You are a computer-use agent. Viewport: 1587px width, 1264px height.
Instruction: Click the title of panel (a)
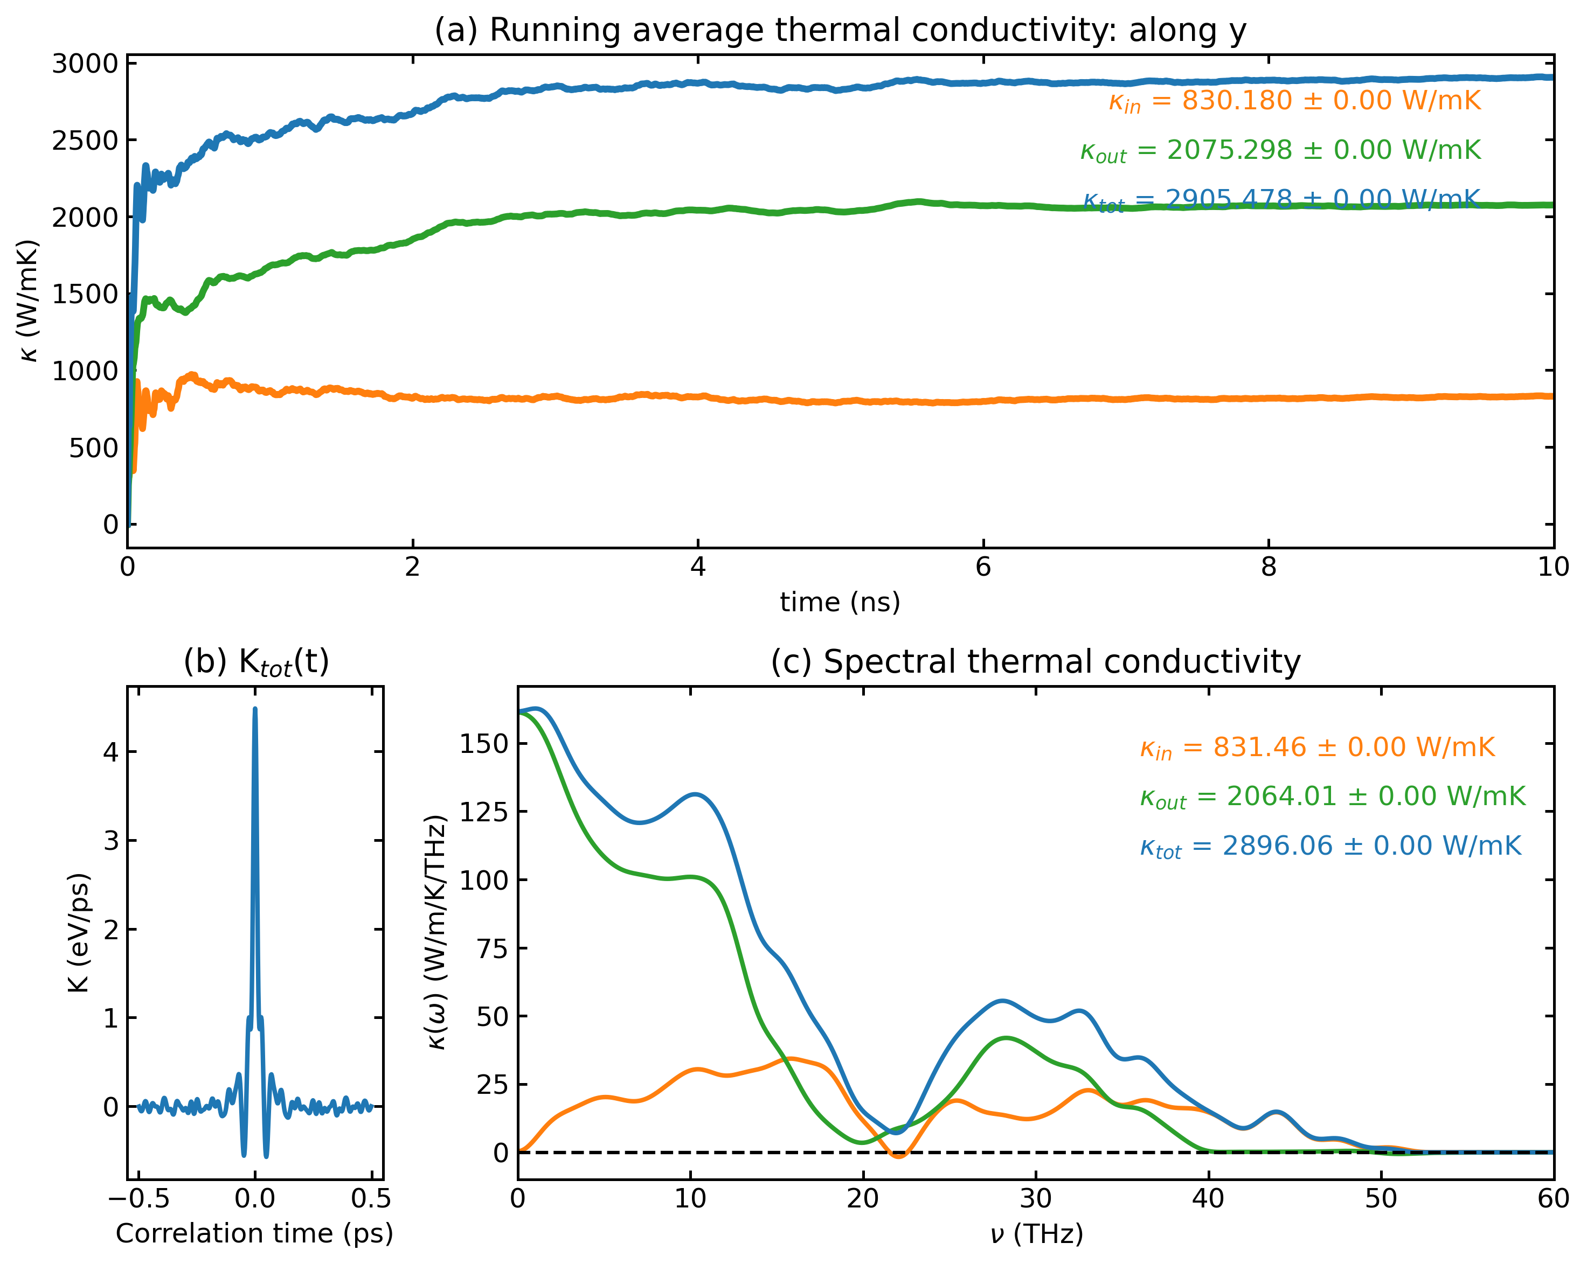coord(840,31)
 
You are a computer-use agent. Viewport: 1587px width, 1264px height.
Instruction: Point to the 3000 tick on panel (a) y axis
coord(85,64)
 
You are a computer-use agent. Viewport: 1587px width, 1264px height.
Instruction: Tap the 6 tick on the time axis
coord(983,567)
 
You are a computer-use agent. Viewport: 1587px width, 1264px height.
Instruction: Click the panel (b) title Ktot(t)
coord(255,661)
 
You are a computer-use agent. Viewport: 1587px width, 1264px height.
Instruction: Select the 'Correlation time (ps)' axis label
coord(255,1233)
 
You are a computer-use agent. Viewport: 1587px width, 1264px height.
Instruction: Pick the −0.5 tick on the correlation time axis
coord(139,1199)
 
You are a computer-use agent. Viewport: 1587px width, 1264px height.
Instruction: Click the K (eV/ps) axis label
coord(79,933)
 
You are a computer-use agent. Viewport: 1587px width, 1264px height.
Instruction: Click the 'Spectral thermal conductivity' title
coord(1035,661)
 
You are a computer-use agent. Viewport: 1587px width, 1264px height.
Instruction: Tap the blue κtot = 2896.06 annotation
coord(1329,846)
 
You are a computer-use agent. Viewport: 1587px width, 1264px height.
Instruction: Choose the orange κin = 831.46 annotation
coord(1317,748)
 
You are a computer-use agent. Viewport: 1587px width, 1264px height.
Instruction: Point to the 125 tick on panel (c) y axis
coord(483,812)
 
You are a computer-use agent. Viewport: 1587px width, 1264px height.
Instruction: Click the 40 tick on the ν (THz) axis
coord(1208,1199)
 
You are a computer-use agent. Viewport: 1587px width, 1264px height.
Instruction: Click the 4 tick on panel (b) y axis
coord(110,752)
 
